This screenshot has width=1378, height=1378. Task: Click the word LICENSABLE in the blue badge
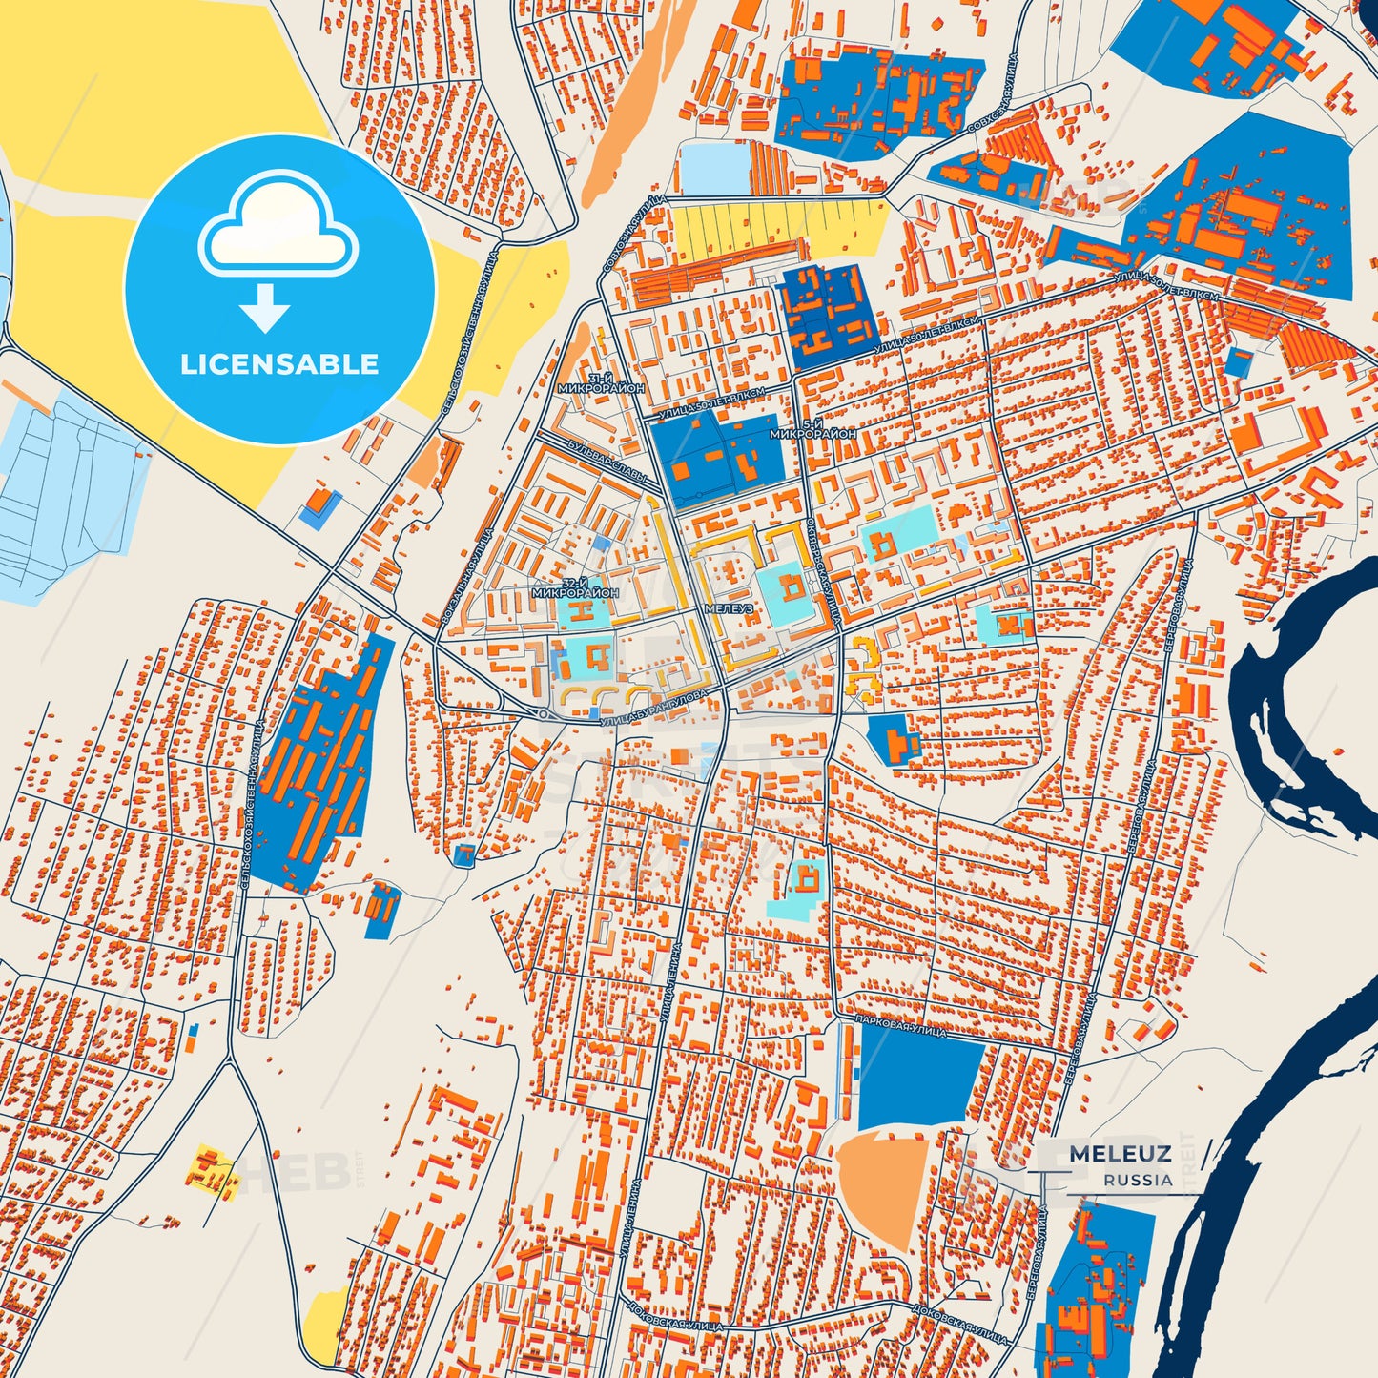279,364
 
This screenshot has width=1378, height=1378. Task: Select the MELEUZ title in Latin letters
1120,1154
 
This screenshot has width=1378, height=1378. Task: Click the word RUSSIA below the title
1139,1181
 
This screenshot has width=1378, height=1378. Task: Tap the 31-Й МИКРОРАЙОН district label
603,384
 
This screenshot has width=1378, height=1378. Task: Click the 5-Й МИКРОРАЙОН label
812,428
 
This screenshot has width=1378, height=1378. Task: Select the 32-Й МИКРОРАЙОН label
575,587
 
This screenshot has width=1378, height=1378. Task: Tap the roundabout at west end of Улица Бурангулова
543,714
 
